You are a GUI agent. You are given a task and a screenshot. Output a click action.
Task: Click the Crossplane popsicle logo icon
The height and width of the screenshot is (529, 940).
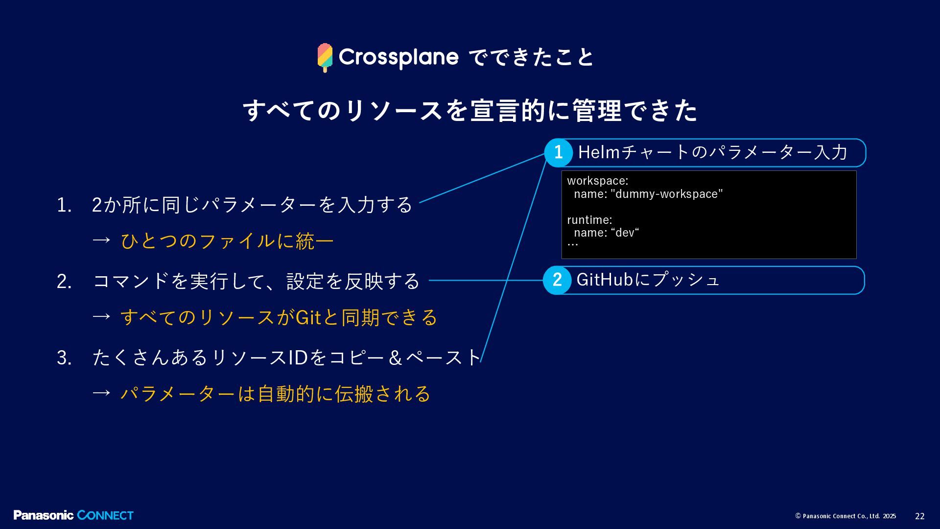[x=325, y=57]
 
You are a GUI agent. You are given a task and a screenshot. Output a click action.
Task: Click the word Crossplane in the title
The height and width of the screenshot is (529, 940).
[x=399, y=57]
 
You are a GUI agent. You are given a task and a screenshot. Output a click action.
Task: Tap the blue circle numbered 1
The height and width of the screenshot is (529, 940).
[x=558, y=153]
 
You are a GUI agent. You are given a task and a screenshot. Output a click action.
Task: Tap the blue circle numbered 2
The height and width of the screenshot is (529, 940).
[x=557, y=280]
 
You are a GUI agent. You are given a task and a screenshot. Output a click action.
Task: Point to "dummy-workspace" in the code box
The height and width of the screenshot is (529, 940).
[x=666, y=194]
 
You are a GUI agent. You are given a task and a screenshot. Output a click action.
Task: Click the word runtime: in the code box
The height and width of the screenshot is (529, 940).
[x=589, y=220]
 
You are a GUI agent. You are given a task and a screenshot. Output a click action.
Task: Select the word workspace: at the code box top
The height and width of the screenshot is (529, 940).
[x=598, y=181]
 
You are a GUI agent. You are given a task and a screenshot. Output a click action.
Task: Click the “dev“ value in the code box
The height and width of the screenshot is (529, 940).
[x=625, y=233]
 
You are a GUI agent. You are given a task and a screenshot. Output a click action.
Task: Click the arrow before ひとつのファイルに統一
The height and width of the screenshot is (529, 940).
[x=101, y=240]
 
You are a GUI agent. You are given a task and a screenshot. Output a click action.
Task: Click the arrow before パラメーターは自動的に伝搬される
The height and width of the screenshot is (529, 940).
[x=101, y=393]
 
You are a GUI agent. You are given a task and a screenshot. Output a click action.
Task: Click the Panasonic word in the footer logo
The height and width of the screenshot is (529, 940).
[x=44, y=515]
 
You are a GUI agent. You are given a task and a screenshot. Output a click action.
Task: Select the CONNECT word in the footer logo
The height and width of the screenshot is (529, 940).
[x=105, y=515]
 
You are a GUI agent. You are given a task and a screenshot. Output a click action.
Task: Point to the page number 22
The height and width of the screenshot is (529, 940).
[x=920, y=516]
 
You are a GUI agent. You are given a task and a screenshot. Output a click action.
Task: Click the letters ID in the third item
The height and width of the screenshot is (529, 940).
[x=298, y=358]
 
